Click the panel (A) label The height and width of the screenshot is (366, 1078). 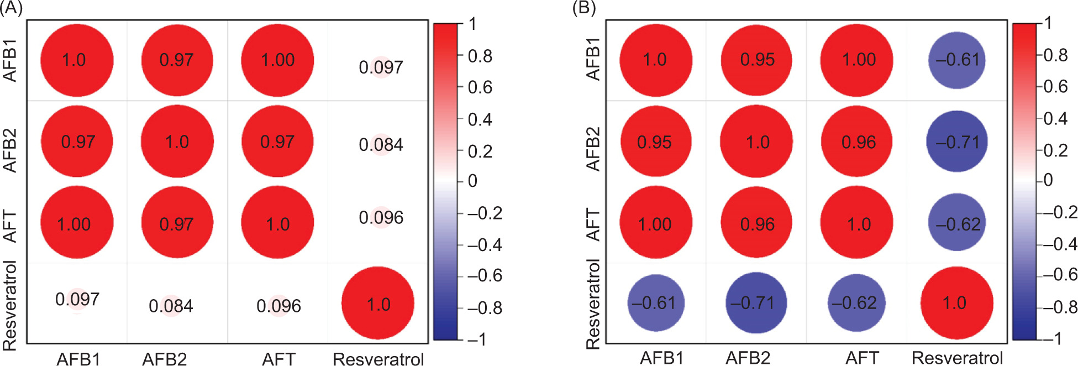[x=11, y=9]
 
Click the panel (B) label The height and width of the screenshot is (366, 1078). [x=584, y=9]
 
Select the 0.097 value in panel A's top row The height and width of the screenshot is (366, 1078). [x=381, y=67]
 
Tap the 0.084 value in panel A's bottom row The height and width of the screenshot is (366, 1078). [x=171, y=306]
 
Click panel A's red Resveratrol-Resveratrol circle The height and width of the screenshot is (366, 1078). [x=378, y=304]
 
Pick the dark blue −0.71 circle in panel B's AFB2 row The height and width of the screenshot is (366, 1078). [x=957, y=142]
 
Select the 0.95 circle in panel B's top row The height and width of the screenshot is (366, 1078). [x=757, y=60]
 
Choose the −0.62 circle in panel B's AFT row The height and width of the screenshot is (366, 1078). [x=958, y=224]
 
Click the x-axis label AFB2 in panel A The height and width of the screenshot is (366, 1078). [x=164, y=359]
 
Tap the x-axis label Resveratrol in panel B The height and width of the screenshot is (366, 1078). [x=957, y=358]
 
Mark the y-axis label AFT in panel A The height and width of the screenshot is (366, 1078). [x=10, y=226]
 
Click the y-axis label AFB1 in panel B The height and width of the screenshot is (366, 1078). [x=593, y=60]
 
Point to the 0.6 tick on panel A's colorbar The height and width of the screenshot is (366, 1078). [x=480, y=87]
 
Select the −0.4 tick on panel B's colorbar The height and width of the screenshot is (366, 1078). [x=1056, y=244]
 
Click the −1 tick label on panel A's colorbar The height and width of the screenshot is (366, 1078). [x=476, y=339]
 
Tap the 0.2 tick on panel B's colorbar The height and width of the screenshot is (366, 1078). [x=1055, y=150]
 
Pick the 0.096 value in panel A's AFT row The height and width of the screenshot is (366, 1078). [x=381, y=217]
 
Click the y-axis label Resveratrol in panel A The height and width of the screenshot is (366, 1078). [x=10, y=305]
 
